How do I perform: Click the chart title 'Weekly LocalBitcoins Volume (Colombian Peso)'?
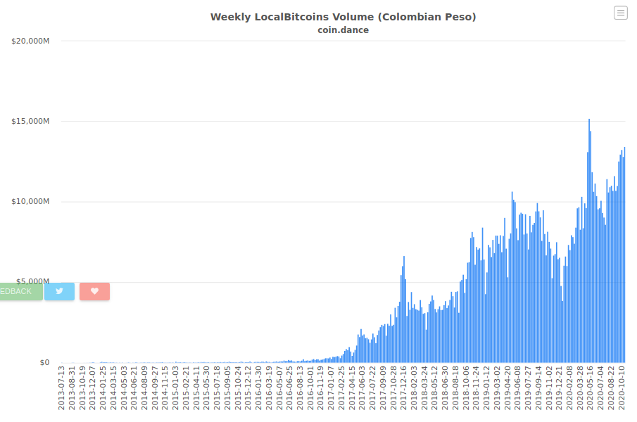pyautogui.click(x=343, y=17)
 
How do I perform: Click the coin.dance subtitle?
pyautogui.click(x=343, y=30)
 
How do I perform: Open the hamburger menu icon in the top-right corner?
pyautogui.click(x=620, y=13)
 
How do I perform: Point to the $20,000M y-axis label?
pyautogui.click(x=30, y=41)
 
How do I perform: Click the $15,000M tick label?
pyautogui.click(x=30, y=121)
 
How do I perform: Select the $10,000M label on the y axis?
pyautogui.click(x=30, y=202)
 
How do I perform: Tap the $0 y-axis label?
pyautogui.click(x=44, y=362)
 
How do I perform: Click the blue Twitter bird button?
pyautogui.click(x=59, y=291)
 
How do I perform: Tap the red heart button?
pyautogui.click(x=94, y=291)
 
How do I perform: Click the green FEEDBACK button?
pyautogui.click(x=21, y=291)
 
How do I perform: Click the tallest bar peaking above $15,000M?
pyautogui.click(x=589, y=241)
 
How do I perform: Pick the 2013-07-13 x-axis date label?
pyautogui.click(x=61, y=388)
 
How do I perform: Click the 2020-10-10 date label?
pyautogui.click(x=622, y=388)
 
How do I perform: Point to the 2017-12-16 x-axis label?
pyautogui.click(x=403, y=388)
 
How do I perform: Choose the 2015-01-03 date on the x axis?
pyautogui.click(x=175, y=388)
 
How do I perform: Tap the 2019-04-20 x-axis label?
pyautogui.click(x=507, y=388)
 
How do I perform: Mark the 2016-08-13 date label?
pyautogui.click(x=300, y=388)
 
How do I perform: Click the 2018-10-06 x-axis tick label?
pyautogui.click(x=466, y=388)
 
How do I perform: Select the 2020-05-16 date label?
pyautogui.click(x=591, y=388)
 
